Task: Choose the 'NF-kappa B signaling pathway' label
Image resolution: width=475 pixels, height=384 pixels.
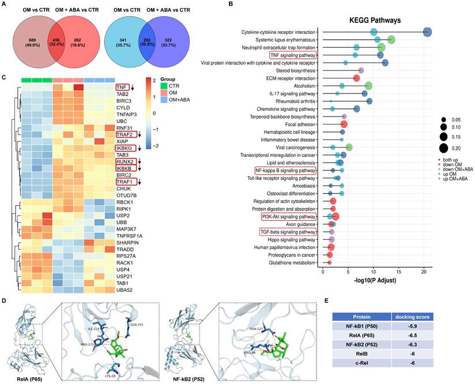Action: pyautogui.click(x=285, y=170)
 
